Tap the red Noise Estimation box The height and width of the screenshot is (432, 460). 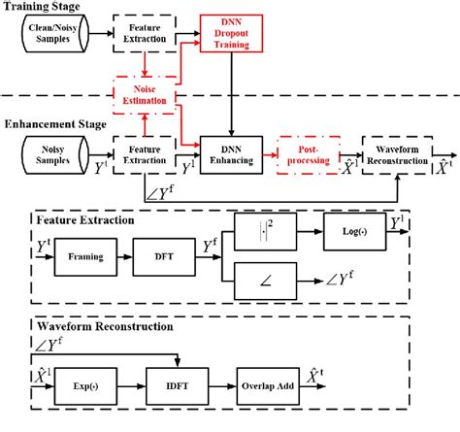tap(145, 93)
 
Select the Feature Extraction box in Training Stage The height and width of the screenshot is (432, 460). tap(146, 37)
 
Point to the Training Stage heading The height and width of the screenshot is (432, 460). tap(43, 7)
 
